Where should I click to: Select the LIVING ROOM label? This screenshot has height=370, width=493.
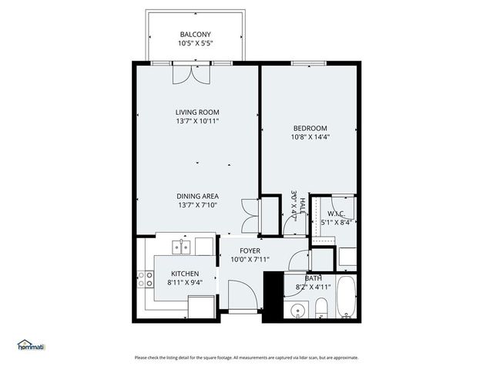point(197,112)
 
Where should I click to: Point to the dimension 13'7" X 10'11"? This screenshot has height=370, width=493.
point(197,121)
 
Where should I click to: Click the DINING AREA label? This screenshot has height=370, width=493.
point(197,196)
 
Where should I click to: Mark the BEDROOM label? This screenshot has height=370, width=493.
point(310,128)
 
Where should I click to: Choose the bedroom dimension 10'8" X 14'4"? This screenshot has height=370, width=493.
point(310,137)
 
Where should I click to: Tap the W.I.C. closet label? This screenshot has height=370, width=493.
point(336,214)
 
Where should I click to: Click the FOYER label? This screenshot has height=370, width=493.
point(250,251)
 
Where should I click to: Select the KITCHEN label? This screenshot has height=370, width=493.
point(184,274)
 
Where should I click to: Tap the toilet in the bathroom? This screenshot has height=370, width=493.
point(321,311)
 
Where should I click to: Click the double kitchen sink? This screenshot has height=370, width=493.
point(182,247)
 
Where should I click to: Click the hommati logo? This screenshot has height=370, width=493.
point(31,345)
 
